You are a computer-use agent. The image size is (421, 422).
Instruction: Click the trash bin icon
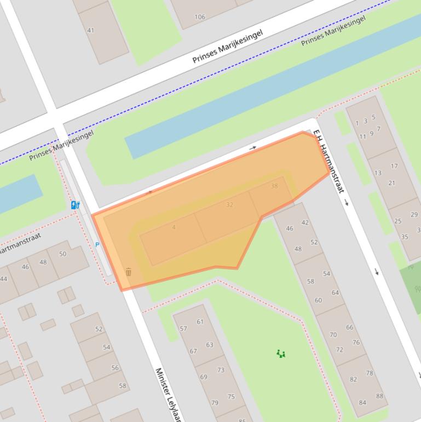pyautogui.click(x=129, y=272)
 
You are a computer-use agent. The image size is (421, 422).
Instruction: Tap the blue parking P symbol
pyautogui.click(x=97, y=245)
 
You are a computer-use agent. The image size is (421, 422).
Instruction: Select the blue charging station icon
pyautogui.click(x=75, y=205)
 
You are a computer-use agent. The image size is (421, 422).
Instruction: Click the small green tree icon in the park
pyautogui.click(x=281, y=354)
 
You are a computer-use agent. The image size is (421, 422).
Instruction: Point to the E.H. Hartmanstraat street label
pyautogui.click(x=328, y=161)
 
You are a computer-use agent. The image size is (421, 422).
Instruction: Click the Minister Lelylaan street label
pyautogui.click(x=167, y=394)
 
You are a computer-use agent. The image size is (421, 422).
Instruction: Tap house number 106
pyautogui.click(x=200, y=17)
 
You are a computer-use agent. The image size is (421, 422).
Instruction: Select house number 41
pyautogui.click(x=91, y=30)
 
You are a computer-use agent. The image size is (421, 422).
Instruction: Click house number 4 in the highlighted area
pyautogui.click(x=174, y=227)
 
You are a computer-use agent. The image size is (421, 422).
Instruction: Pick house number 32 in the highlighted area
pyautogui.click(x=229, y=204)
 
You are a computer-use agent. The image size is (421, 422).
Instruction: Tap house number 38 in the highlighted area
pyautogui.click(x=274, y=186)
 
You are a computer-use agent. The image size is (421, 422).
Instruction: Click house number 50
pyautogui.click(x=62, y=254)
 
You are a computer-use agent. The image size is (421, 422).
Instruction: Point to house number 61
pyautogui.click(x=200, y=322)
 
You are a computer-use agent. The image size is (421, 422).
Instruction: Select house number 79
pyautogui.click(x=215, y=403)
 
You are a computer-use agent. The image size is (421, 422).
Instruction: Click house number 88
pyautogui.click(x=379, y=396)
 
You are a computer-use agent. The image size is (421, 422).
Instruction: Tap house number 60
pyautogui.click(x=318, y=300)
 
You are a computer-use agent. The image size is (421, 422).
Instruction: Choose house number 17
pyautogui.click(x=394, y=166)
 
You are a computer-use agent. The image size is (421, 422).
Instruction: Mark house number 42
pyautogui.click(x=305, y=223)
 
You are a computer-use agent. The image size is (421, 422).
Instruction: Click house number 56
pyautogui.click(x=115, y=368)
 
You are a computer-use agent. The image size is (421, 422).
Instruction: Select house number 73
pyautogui.click(x=221, y=370)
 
